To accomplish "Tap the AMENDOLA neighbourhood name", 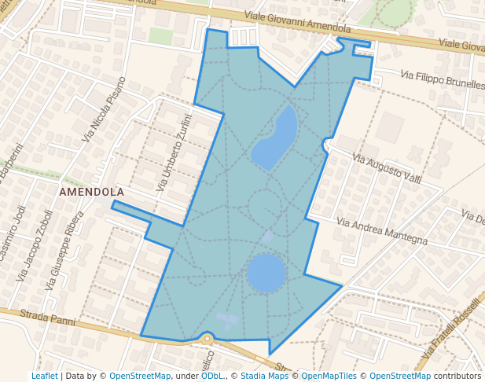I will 91,192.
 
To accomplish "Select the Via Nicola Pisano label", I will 104,109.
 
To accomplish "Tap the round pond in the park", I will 266,273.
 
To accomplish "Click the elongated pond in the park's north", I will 275,138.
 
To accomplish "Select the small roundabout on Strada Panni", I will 207,339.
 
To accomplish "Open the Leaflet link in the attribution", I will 44,376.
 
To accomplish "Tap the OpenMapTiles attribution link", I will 329,376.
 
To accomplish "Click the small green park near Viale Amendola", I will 160,36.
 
